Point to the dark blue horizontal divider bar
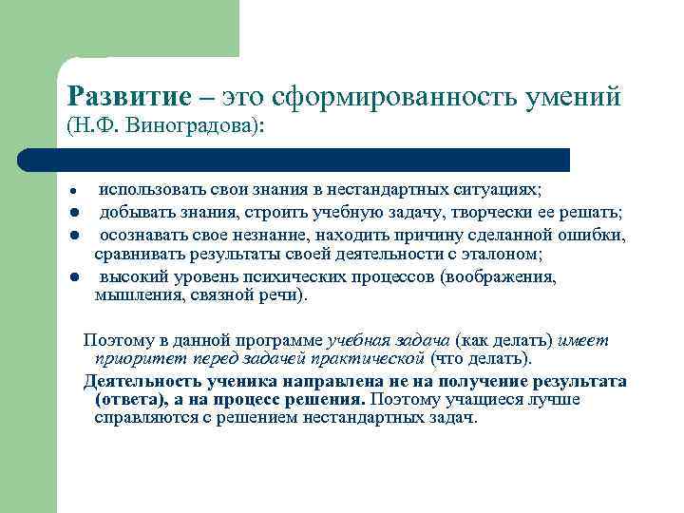pos(294,159)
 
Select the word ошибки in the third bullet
pos(598,235)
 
